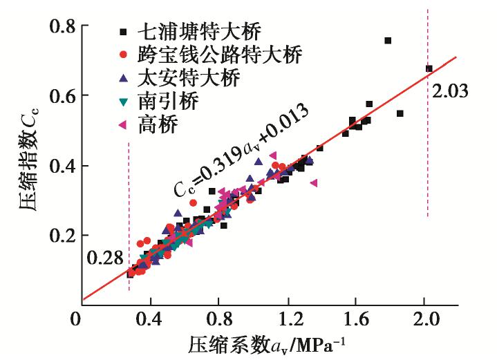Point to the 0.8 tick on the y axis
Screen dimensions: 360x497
64,26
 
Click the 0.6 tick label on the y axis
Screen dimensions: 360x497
64,95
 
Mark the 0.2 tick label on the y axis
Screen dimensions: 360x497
64,235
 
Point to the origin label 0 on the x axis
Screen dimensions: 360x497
77,322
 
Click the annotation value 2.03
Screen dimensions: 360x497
451,91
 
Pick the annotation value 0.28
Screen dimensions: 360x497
104,259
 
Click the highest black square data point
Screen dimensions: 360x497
388,41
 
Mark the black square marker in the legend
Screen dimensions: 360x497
123,31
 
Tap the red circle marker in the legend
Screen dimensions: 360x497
123,55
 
